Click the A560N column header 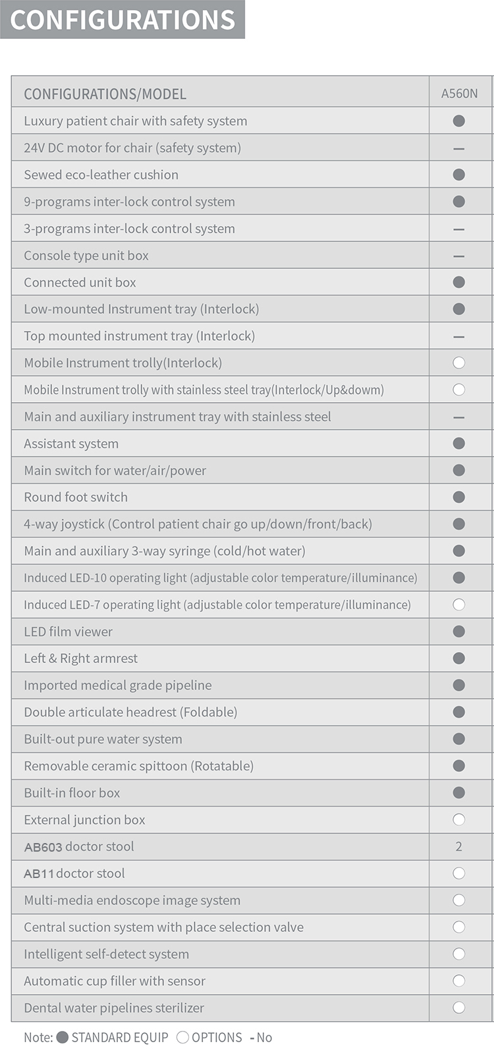point(459,94)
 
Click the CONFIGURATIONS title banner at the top point(123,20)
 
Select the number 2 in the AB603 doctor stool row point(459,846)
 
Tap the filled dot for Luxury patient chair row point(459,121)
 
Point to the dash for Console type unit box point(459,256)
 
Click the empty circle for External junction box point(459,819)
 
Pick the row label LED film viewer point(68,631)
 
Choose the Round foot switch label point(76,497)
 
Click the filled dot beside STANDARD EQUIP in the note point(63,1037)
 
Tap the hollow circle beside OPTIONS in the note point(182,1037)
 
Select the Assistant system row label point(71,444)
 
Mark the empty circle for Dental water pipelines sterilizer point(459,1007)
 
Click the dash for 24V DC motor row point(459,148)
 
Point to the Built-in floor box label point(72,793)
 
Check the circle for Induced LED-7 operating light point(459,604)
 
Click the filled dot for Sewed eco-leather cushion point(459,175)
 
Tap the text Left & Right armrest point(81,659)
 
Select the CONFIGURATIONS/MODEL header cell point(105,94)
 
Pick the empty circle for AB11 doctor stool point(459,873)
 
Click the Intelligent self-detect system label point(106,954)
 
